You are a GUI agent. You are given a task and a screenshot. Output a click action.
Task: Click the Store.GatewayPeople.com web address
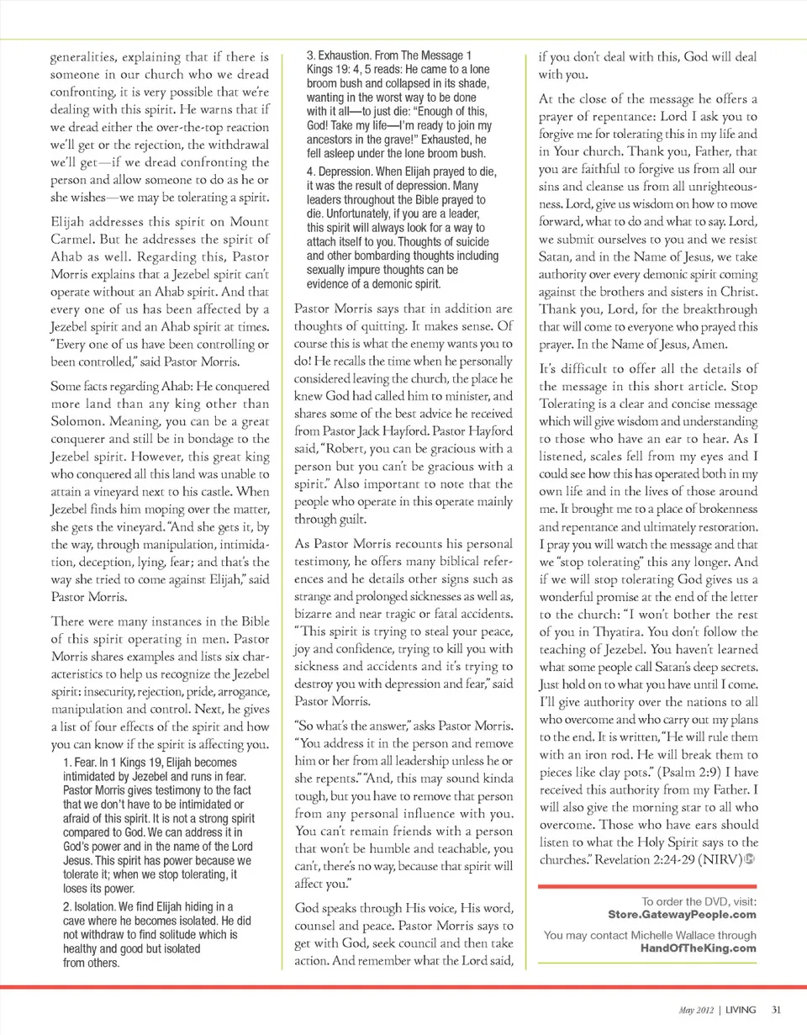click(681, 914)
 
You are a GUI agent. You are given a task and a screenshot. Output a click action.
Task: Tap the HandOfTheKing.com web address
click(698, 948)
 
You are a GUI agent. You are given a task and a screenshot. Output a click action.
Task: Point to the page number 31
click(777, 1010)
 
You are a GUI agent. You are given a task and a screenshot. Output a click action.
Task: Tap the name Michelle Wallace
click(677, 936)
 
